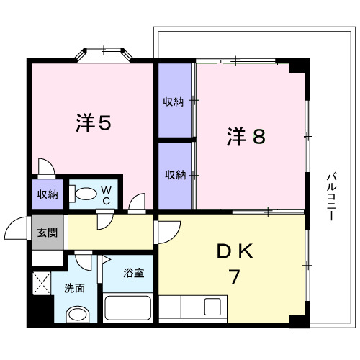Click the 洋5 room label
(x=94, y=124)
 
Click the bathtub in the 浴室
(x=127, y=309)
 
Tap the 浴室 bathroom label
(x=133, y=274)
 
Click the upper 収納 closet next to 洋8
(x=174, y=102)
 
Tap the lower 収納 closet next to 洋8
(x=174, y=175)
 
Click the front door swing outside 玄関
(x=16, y=230)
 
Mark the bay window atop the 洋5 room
(x=105, y=55)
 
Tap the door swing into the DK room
(x=166, y=231)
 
